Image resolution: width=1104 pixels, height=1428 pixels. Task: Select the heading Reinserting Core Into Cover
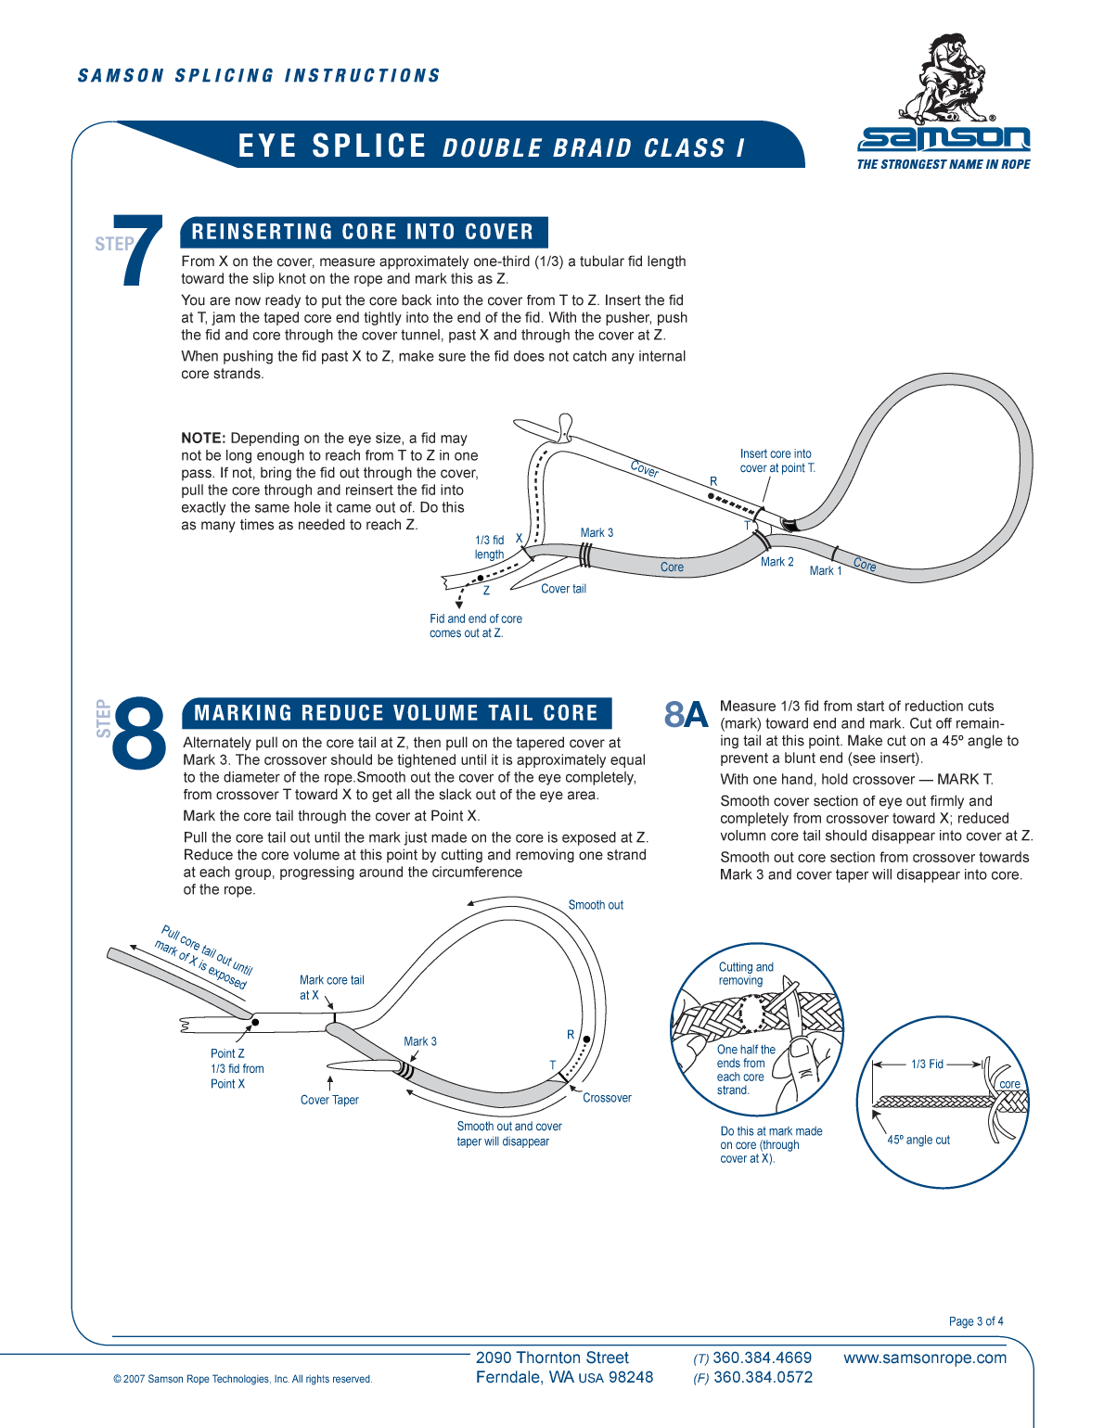(363, 232)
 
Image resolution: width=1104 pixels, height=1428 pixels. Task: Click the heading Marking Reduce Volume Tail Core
(396, 713)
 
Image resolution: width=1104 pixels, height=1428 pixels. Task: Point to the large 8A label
(686, 715)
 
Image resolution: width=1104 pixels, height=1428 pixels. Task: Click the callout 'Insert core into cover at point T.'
(777, 461)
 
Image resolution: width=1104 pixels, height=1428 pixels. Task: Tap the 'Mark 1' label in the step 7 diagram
(825, 571)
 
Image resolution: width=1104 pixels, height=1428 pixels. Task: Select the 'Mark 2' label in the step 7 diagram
(777, 562)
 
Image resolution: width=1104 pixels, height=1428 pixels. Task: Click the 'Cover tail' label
(563, 589)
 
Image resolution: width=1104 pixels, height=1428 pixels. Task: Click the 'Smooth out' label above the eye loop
(595, 905)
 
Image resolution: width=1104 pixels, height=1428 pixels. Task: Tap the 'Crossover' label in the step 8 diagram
(607, 1098)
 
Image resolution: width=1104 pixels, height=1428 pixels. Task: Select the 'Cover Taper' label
(329, 1101)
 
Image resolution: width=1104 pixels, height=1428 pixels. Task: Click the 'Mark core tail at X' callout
(331, 988)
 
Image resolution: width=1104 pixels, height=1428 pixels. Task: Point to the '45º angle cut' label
(918, 1141)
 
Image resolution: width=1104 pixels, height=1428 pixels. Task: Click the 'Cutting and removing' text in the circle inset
(745, 974)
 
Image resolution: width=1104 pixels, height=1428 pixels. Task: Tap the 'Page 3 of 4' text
(975, 1321)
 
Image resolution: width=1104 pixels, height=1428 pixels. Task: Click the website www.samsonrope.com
(924, 1358)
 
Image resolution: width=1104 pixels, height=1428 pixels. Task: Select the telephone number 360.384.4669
(762, 1358)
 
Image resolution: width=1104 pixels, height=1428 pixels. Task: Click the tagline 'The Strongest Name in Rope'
(943, 165)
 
